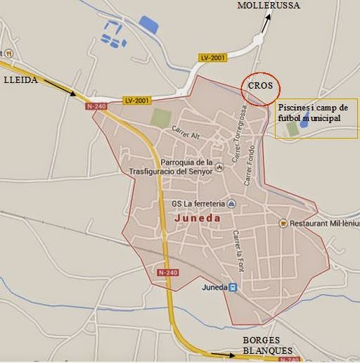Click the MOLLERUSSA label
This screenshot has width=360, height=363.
coord(269,6)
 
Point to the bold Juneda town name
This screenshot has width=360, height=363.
coord(196,218)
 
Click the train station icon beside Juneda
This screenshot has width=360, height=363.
coord(233,287)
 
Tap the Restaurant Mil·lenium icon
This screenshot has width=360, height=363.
coord(283,223)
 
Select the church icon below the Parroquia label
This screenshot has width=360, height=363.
coord(220,167)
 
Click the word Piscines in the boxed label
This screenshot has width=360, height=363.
coord(292,108)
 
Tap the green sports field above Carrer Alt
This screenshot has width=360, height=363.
coord(160,117)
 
